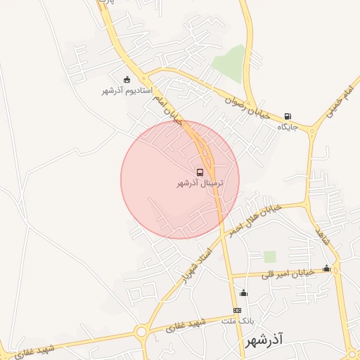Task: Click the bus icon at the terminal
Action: point(201,172)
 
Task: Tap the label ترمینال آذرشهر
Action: point(200,184)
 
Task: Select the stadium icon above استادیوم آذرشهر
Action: point(127,79)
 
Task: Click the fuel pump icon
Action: point(288,117)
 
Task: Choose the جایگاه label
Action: point(288,127)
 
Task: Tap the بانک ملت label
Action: point(237,321)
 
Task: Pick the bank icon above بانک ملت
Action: point(238,310)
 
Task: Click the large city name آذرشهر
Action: point(264,341)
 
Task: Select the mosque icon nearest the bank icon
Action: point(243,293)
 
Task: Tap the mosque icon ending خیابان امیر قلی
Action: point(326,268)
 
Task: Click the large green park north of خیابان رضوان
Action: point(229,64)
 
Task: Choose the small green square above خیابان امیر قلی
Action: point(270,256)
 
